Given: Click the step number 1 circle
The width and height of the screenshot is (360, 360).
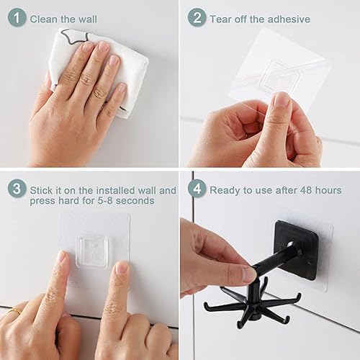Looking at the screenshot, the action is pos(17,17).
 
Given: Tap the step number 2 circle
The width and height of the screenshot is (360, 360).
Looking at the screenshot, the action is pos(197,17).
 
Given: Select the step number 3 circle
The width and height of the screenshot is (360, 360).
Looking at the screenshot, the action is pos(17,189).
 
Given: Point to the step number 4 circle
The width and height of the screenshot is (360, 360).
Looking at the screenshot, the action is pos(197,189).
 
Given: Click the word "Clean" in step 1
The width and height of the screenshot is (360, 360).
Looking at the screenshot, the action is pos(44,19).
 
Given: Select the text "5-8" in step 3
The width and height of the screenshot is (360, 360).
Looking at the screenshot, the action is pos(105,201).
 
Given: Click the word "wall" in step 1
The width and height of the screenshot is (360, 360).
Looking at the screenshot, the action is pos(88,19).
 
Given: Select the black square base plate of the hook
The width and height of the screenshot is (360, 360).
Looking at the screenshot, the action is pos(297,250).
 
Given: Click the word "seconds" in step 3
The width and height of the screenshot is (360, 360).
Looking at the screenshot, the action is pos(135,201).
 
